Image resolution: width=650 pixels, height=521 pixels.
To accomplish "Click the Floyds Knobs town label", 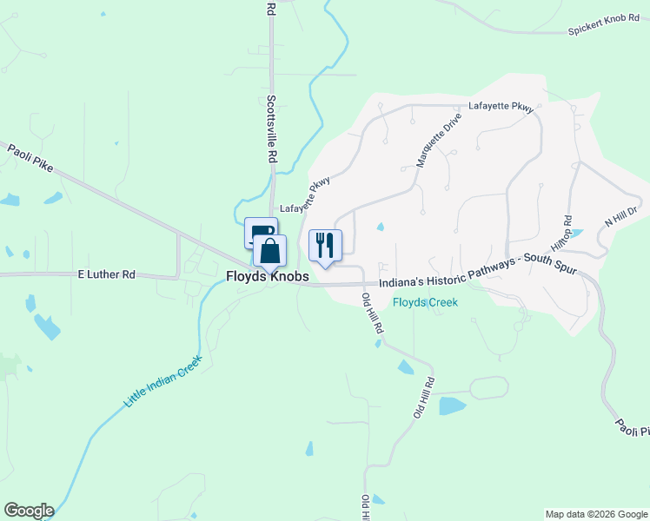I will pyautogui.click(x=267, y=276).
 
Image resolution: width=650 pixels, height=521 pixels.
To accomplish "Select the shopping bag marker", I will pyautogui.click(x=269, y=251).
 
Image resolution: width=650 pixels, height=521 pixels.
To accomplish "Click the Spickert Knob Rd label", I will pyautogui.click(x=602, y=30).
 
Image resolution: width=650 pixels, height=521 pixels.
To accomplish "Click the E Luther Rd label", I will pyautogui.click(x=106, y=274).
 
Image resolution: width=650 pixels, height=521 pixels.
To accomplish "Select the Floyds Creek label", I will pyautogui.click(x=425, y=302).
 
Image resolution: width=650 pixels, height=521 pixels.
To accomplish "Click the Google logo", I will pyautogui.click(x=29, y=511).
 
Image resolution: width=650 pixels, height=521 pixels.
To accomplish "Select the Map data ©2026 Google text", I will pyautogui.click(x=596, y=514).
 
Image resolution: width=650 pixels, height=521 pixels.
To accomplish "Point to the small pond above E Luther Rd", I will pyautogui.click(x=9, y=252).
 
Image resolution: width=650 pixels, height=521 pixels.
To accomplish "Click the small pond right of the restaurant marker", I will pyautogui.click(x=381, y=228).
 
